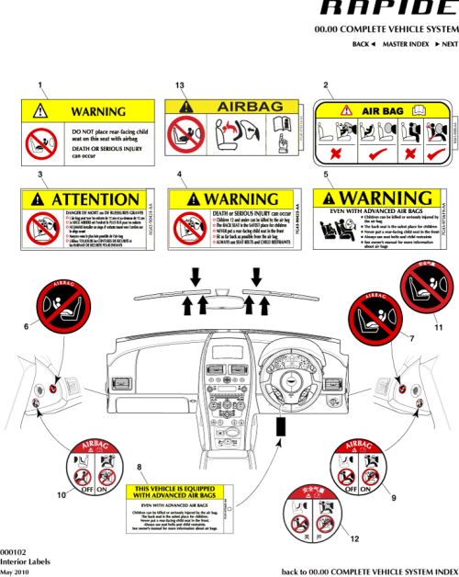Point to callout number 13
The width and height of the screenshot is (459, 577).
[180, 85]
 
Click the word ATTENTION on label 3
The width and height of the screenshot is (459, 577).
[95, 198]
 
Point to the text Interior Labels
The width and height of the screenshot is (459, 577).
[19, 560]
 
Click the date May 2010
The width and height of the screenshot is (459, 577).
[15, 571]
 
